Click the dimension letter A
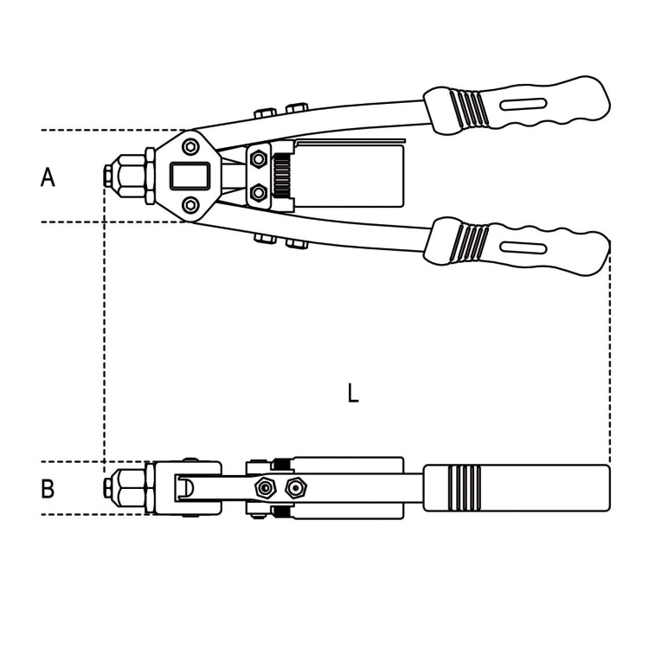48,177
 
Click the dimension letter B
48,489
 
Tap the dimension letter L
352,394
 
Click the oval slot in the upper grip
523,104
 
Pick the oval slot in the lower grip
523,247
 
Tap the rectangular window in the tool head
190,177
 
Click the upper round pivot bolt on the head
190,147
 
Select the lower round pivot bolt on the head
190,205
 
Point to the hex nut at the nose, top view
130,177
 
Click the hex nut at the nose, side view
130,488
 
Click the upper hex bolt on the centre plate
258,159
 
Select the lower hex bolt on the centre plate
258,192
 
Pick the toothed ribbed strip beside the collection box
280,177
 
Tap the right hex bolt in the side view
296,489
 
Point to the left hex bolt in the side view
263,489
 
